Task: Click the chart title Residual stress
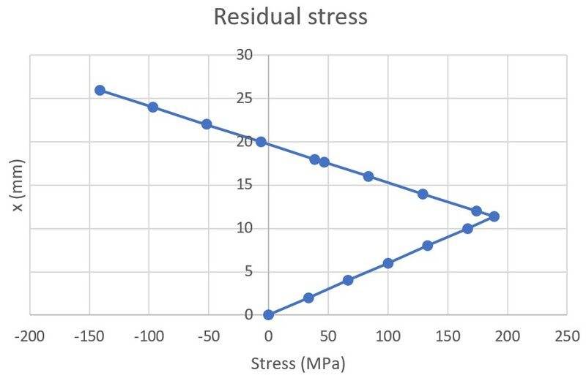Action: click(290, 17)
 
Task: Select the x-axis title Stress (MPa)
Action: click(297, 363)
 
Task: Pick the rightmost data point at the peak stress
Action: click(494, 216)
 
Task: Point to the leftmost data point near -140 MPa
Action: click(100, 90)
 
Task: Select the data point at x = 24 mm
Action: click(153, 107)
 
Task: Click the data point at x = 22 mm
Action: click(207, 124)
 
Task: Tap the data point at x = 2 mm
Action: click(308, 298)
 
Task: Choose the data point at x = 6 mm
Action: click(388, 263)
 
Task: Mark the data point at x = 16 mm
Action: click(368, 176)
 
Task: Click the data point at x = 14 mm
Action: click(423, 194)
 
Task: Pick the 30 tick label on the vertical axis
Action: click(245, 55)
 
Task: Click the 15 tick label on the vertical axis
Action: click(245, 185)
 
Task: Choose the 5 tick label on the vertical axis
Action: click(248, 271)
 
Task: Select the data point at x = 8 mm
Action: click(428, 246)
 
